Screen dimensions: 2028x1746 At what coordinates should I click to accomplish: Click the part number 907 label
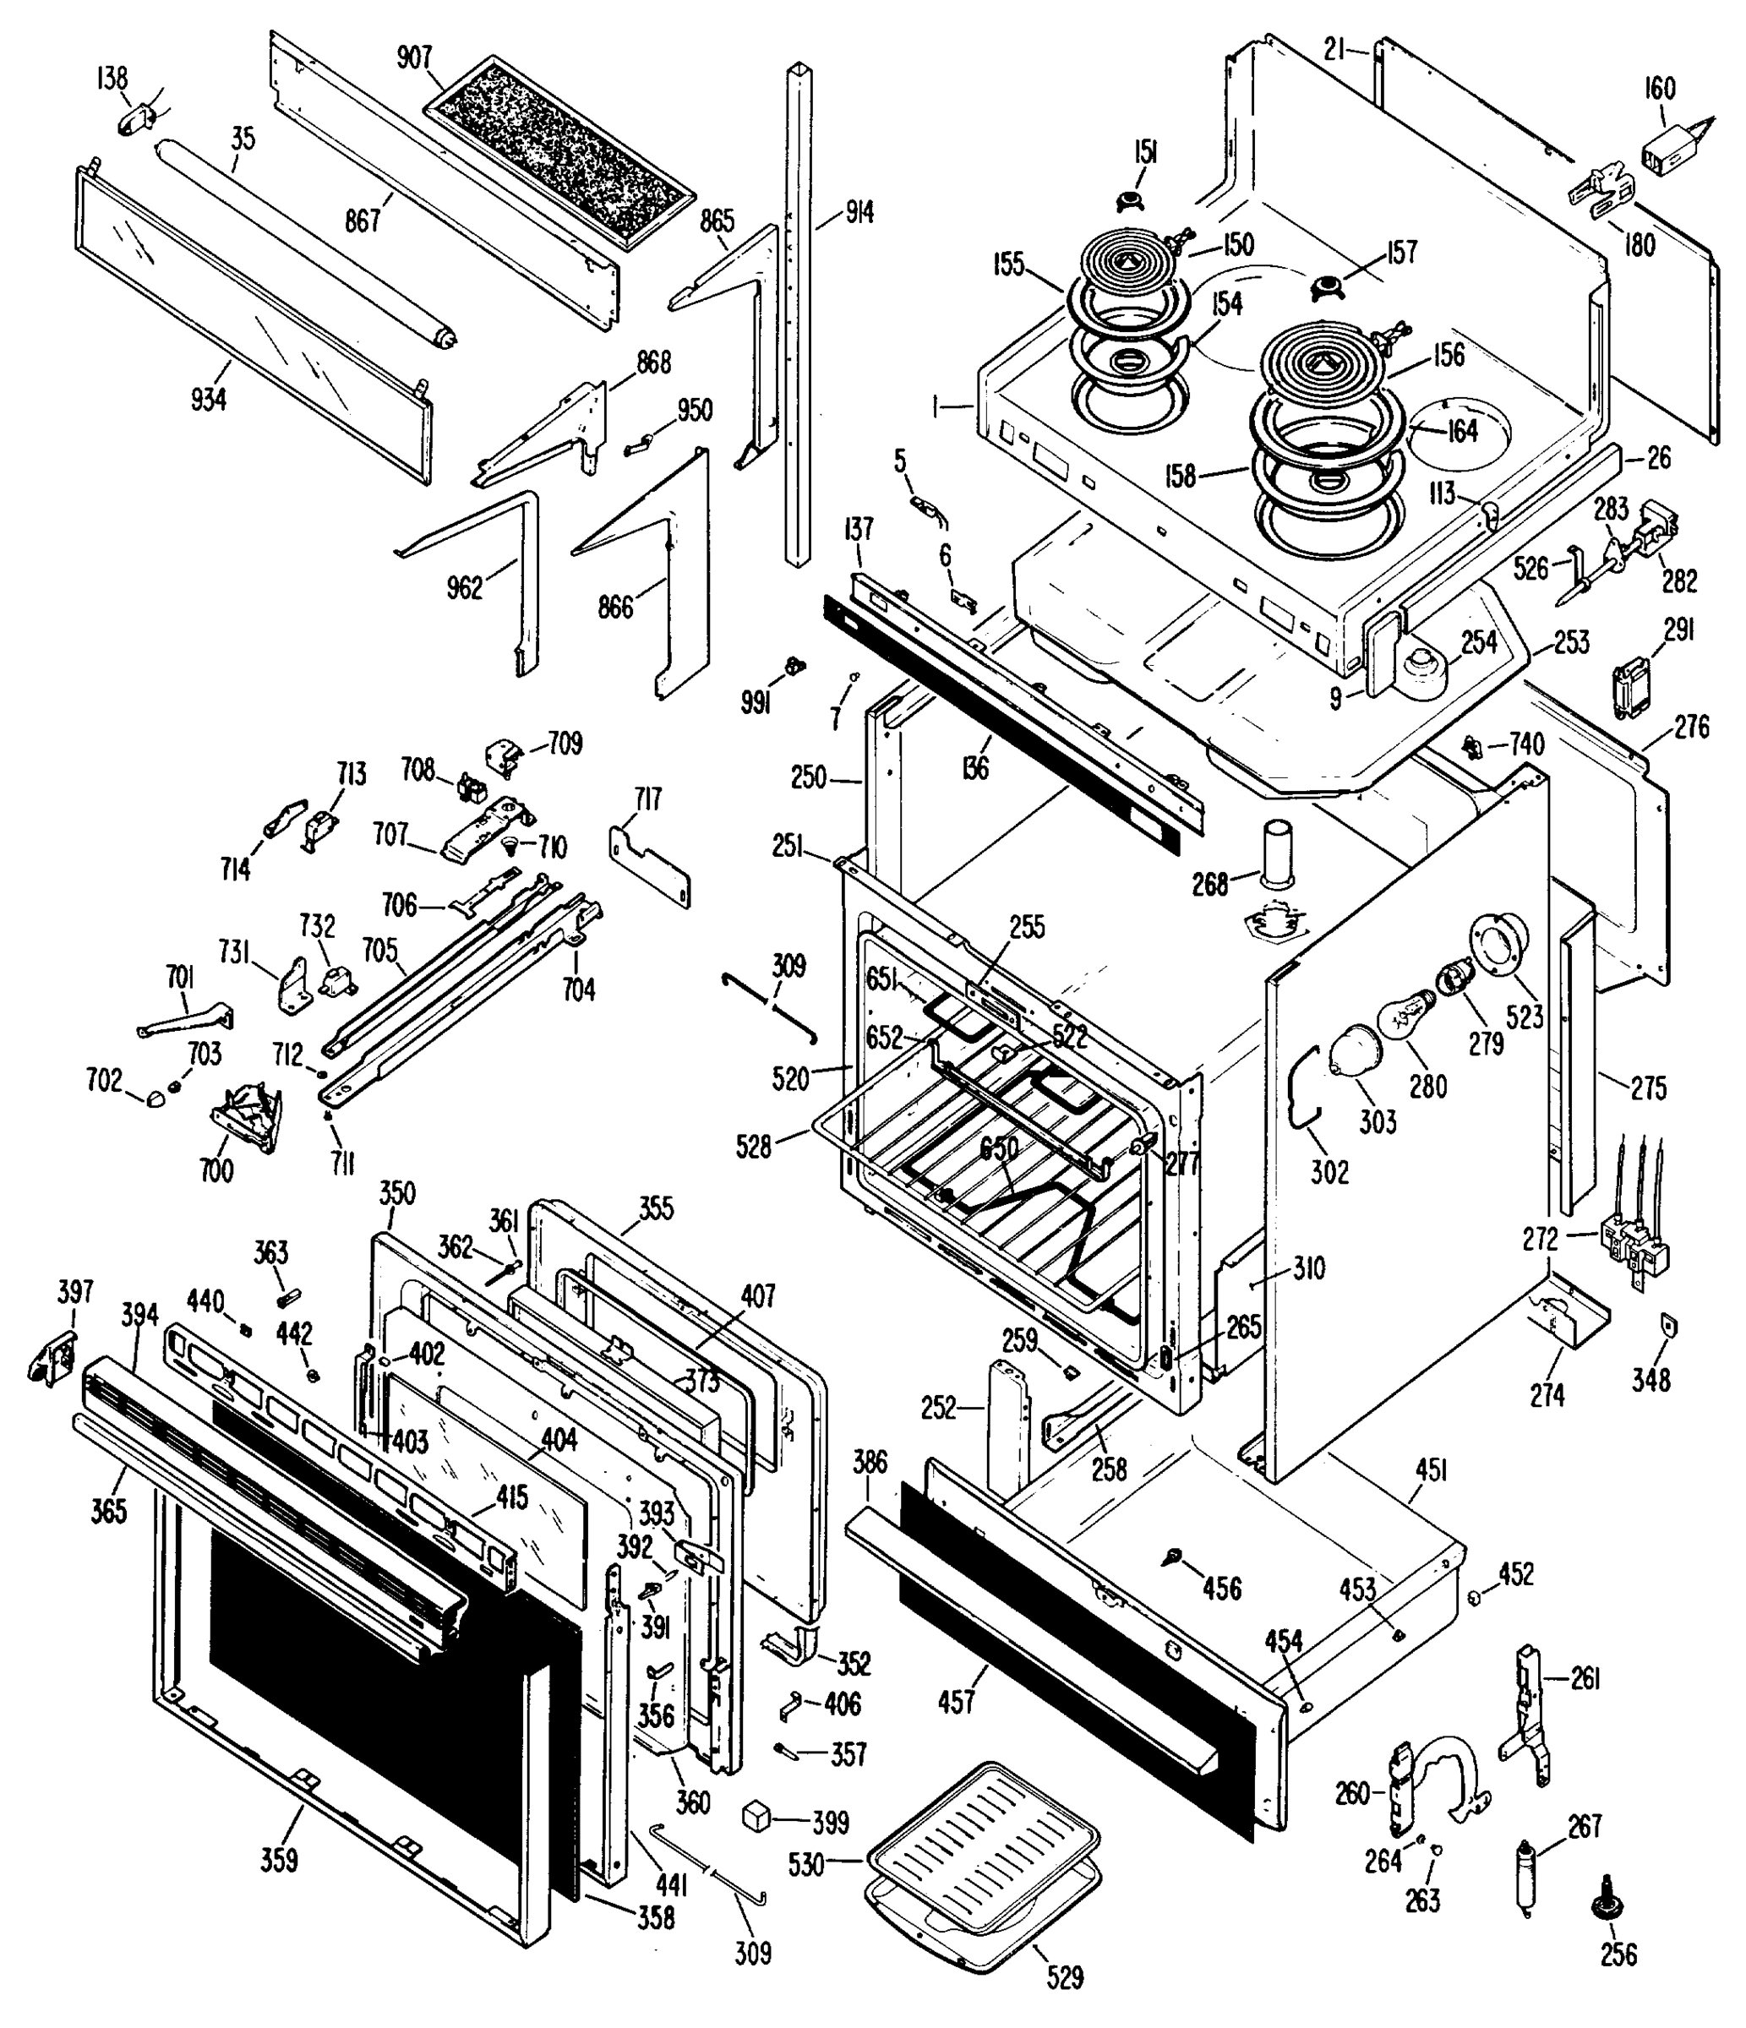[414, 57]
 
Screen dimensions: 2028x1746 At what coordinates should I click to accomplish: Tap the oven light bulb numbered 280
[1405, 1016]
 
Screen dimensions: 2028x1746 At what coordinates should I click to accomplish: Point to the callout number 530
[806, 1866]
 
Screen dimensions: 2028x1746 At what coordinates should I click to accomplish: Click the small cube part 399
[756, 1818]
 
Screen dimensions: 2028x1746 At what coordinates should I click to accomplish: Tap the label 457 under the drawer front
[956, 1702]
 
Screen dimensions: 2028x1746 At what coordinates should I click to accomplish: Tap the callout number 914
[859, 211]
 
